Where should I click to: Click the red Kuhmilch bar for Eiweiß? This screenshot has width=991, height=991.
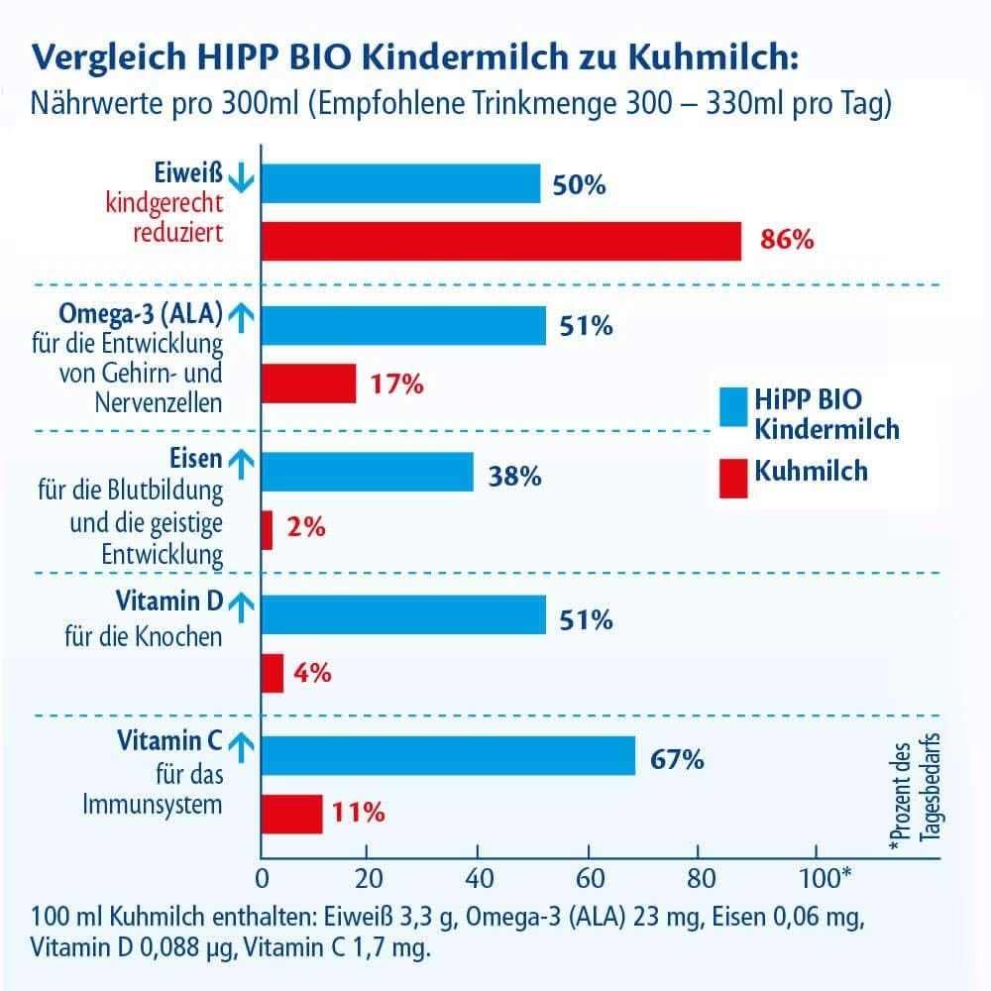point(500,241)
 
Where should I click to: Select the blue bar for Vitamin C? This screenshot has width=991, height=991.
point(448,756)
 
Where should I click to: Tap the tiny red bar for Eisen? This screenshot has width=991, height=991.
point(267,530)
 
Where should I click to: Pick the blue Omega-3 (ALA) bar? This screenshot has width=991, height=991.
point(403,325)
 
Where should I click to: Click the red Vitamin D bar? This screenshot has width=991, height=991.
point(273,674)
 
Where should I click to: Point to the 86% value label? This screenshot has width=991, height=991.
point(787,240)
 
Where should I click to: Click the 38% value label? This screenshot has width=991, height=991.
point(514,477)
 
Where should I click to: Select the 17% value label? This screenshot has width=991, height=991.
point(396,385)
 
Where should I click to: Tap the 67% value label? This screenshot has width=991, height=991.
point(677,760)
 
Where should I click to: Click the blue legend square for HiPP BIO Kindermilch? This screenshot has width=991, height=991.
point(733,407)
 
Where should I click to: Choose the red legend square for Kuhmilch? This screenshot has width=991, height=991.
point(733,478)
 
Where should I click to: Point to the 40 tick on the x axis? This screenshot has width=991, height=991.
point(478,879)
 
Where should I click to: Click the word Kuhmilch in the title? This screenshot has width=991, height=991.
point(710,55)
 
